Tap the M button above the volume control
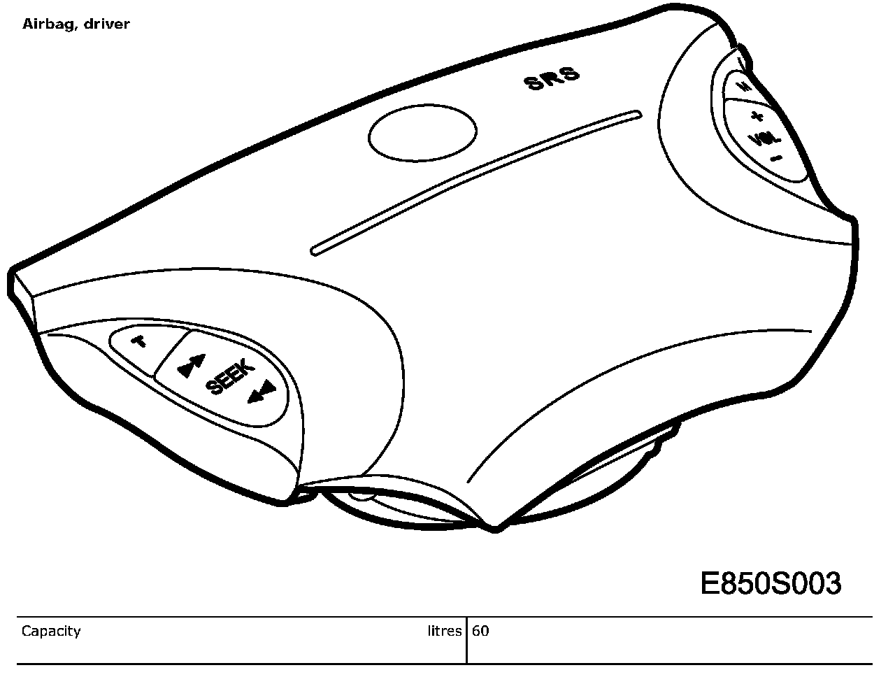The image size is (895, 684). [744, 87]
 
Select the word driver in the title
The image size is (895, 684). [108, 24]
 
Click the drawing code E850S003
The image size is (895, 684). [771, 583]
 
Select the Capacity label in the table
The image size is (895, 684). [51, 631]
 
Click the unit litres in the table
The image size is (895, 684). [445, 631]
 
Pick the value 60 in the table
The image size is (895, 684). [480, 631]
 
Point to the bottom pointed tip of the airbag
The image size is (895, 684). [495, 527]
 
